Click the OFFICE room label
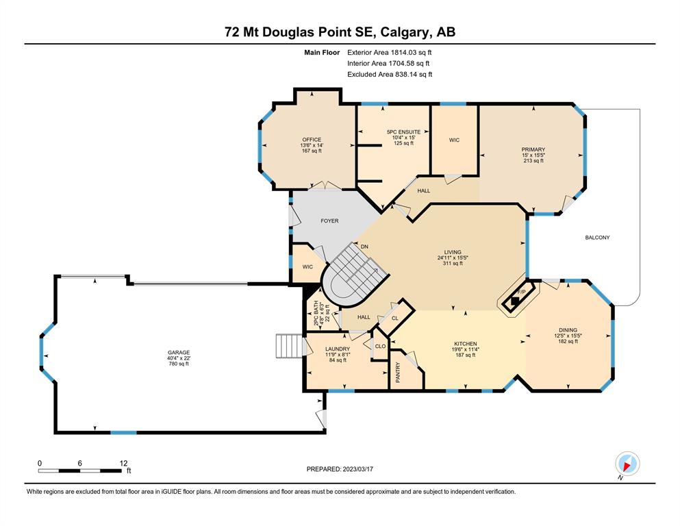point(312,140)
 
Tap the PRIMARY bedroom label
point(533,149)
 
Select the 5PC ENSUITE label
point(404,131)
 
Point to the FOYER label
point(329,221)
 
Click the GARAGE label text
point(179,353)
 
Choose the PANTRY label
point(398,373)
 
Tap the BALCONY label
point(597,238)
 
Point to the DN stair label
point(364,247)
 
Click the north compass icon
point(627,464)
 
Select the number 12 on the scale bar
point(123,463)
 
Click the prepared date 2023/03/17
point(357,469)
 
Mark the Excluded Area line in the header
point(390,74)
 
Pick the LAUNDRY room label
point(338,349)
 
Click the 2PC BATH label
point(316,314)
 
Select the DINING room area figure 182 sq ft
point(568,341)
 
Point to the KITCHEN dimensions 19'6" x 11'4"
point(466,349)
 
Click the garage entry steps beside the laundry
point(288,346)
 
